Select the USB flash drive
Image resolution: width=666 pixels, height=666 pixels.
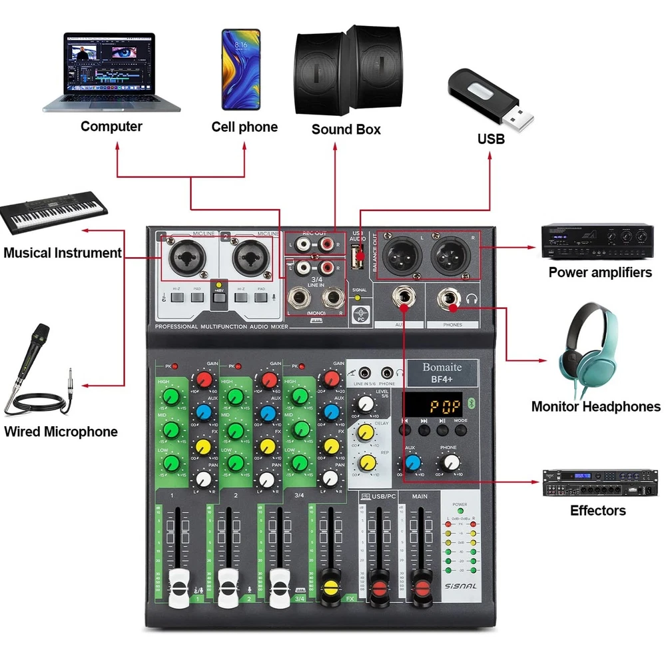point(489,99)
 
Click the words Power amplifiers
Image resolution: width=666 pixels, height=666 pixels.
point(600,272)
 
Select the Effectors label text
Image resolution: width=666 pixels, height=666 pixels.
point(598,511)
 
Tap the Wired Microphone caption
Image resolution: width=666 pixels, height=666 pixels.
point(61,432)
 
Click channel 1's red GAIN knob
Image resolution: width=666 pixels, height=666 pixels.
point(204,380)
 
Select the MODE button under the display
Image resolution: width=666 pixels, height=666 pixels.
point(461,430)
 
